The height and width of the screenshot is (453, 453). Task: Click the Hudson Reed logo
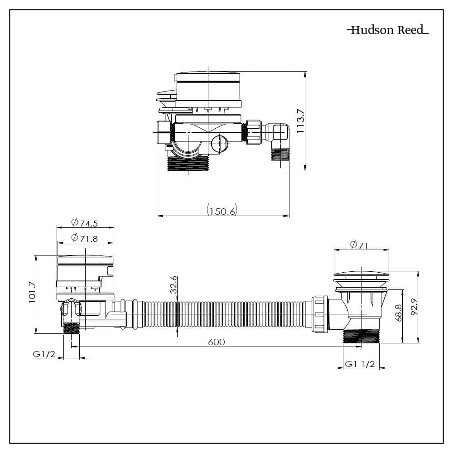point(388,30)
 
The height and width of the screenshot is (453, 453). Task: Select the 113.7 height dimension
point(300,121)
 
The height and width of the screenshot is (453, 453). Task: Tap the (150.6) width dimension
point(222,211)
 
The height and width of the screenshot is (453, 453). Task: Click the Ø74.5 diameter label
point(85,222)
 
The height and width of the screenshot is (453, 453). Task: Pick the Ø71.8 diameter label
point(85,238)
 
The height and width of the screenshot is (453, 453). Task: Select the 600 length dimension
point(217,342)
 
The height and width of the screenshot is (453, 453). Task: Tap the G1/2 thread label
point(44,354)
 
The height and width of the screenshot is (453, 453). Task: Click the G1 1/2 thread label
point(360,364)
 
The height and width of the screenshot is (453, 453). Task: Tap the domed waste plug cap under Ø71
point(361,274)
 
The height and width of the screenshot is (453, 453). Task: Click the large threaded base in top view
point(188,164)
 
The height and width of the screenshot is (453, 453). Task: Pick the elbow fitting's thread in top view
point(280,154)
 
